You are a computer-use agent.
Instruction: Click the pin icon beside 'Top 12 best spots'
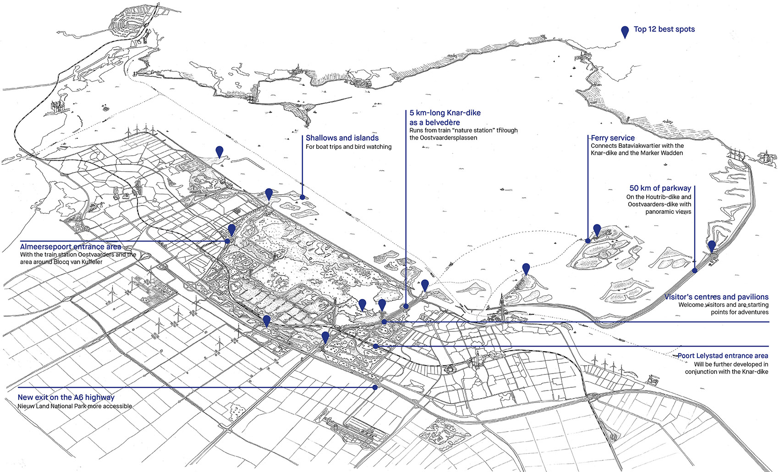625,32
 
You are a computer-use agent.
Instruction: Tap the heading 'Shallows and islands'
342,138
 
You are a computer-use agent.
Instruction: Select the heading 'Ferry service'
613,138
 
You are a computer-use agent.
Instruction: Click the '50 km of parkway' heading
660,188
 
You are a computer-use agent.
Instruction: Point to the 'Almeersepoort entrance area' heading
71,247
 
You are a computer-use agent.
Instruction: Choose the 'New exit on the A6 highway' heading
66,397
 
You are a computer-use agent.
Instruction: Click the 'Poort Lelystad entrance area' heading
723,356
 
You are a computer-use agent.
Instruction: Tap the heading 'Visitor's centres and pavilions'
716,297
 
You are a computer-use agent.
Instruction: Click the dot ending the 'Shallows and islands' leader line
302,197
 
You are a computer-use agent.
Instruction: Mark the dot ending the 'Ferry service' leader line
588,241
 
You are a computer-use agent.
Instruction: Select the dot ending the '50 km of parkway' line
695,271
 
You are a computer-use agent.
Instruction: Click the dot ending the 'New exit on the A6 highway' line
374,387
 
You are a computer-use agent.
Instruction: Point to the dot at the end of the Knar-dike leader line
406,306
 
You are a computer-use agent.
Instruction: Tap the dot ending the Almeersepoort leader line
227,241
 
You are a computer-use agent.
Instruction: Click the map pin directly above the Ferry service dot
597,230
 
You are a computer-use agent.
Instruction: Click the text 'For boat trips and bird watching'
348,146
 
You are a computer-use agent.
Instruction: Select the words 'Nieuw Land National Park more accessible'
75,406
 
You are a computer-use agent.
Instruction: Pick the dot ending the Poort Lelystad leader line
376,346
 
